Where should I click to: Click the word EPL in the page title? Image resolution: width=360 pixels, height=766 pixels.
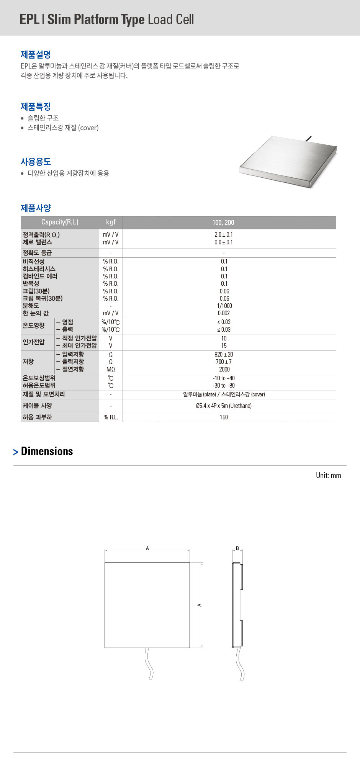click(x=29, y=19)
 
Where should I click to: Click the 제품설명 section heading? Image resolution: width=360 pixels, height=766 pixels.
click(x=36, y=54)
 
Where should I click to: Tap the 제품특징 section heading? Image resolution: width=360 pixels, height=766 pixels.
click(x=36, y=106)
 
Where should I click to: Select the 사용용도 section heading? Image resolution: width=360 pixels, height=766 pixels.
click(x=36, y=162)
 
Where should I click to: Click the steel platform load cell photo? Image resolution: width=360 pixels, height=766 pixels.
click(x=288, y=162)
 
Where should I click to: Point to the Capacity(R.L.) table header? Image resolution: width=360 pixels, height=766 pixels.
click(x=60, y=222)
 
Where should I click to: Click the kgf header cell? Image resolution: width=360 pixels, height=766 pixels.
click(x=111, y=222)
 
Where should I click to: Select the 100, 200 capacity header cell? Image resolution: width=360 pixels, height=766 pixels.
click(x=223, y=223)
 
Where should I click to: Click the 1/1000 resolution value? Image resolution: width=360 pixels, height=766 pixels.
click(x=224, y=306)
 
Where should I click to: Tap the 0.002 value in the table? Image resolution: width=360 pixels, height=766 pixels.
click(x=224, y=313)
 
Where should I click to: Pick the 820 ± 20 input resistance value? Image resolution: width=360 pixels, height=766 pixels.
click(x=224, y=354)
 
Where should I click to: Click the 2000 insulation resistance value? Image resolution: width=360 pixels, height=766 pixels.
click(x=224, y=369)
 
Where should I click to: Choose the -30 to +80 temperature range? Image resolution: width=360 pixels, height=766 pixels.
click(x=224, y=385)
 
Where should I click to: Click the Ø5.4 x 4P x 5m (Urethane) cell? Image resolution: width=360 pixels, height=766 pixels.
click(x=224, y=406)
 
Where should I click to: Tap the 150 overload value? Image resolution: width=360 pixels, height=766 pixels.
click(x=224, y=417)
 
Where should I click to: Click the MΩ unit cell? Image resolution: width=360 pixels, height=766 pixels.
click(x=111, y=369)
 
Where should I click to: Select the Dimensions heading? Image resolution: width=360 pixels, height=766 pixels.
click(x=47, y=451)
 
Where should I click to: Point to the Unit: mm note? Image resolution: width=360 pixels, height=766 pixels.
click(x=328, y=475)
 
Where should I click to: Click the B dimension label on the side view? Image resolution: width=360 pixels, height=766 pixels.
click(x=237, y=548)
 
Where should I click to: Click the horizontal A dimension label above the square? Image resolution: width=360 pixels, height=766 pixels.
click(x=147, y=548)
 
